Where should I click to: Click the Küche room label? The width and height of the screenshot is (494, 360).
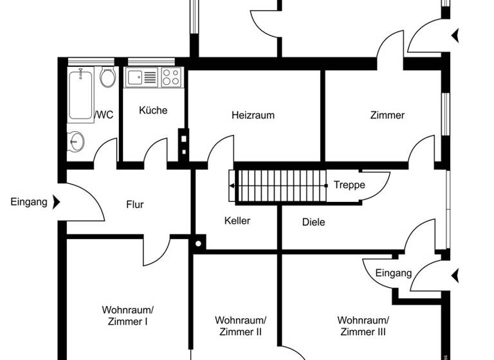click(x=153, y=110)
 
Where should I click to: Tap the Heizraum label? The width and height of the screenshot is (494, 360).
click(x=253, y=116)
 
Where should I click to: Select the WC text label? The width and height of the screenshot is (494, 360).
click(x=105, y=115)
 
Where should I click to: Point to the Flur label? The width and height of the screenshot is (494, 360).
click(x=134, y=205)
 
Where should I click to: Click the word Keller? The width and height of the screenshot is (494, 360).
click(x=237, y=221)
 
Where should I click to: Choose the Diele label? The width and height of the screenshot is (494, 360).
click(x=313, y=222)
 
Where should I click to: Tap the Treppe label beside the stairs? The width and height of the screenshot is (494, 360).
click(x=349, y=185)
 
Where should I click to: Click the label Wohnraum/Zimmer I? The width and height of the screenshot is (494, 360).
click(x=127, y=315)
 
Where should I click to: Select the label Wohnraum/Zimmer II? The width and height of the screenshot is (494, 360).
click(x=241, y=326)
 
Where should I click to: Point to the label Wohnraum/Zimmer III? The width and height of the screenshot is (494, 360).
click(x=363, y=326)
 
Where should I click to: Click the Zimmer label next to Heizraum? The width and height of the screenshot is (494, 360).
click(x=387, y=116)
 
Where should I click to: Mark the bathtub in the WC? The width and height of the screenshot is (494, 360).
click(x=81, y=94)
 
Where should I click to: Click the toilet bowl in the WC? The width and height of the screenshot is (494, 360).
click(x=107, y=77)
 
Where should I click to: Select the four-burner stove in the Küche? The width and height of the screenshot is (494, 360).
click(x=170, y=77)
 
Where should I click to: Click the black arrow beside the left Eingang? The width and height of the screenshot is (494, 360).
click(x=56, y=203)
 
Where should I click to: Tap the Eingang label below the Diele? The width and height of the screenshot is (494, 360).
click(x=393, y=273)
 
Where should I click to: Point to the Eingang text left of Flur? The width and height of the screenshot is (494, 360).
click(x=29, y=203)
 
